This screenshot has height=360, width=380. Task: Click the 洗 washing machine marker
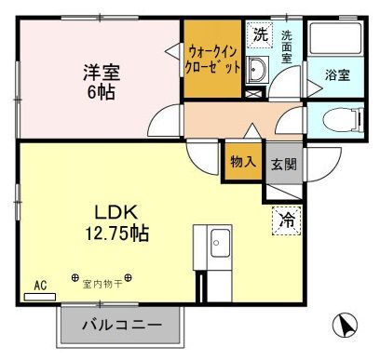(x=260, y=33)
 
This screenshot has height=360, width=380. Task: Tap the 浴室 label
(x=337, y=75)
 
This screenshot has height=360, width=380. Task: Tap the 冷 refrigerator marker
(x=285, y=220)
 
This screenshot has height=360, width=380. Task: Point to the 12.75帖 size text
(x=113, y=232)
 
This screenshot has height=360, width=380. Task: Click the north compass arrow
(x=346, y=326)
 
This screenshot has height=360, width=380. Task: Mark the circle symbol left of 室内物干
(x=75, y=277)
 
